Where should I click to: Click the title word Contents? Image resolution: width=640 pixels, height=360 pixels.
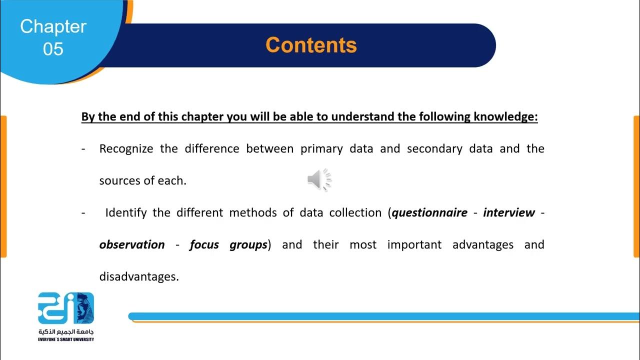tap(311, 45)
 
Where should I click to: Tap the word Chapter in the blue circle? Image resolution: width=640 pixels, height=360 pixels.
tap(53, 26)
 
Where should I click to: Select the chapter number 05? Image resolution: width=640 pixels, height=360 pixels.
tap(53, 49)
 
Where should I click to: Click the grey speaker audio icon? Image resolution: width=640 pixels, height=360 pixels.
tap(319, 180)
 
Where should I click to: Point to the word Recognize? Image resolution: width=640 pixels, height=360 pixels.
tap(126, 149)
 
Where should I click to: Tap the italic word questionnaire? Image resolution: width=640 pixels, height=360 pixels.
tap(430, 213)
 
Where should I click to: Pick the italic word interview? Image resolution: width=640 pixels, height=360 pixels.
tap(508, 213)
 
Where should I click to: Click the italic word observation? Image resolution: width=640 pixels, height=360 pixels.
tap(132, 245)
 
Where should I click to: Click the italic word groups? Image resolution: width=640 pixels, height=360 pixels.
tap(248, 245)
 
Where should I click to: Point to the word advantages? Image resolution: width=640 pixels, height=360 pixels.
tap(482, 245)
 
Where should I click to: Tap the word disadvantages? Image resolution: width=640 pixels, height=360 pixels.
tap(138, 277)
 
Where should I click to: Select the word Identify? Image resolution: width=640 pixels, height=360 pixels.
tap(125, 213)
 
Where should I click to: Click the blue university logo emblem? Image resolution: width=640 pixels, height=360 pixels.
tap(66, 308)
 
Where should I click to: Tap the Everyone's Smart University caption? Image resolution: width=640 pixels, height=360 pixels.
tap(66, 339)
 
